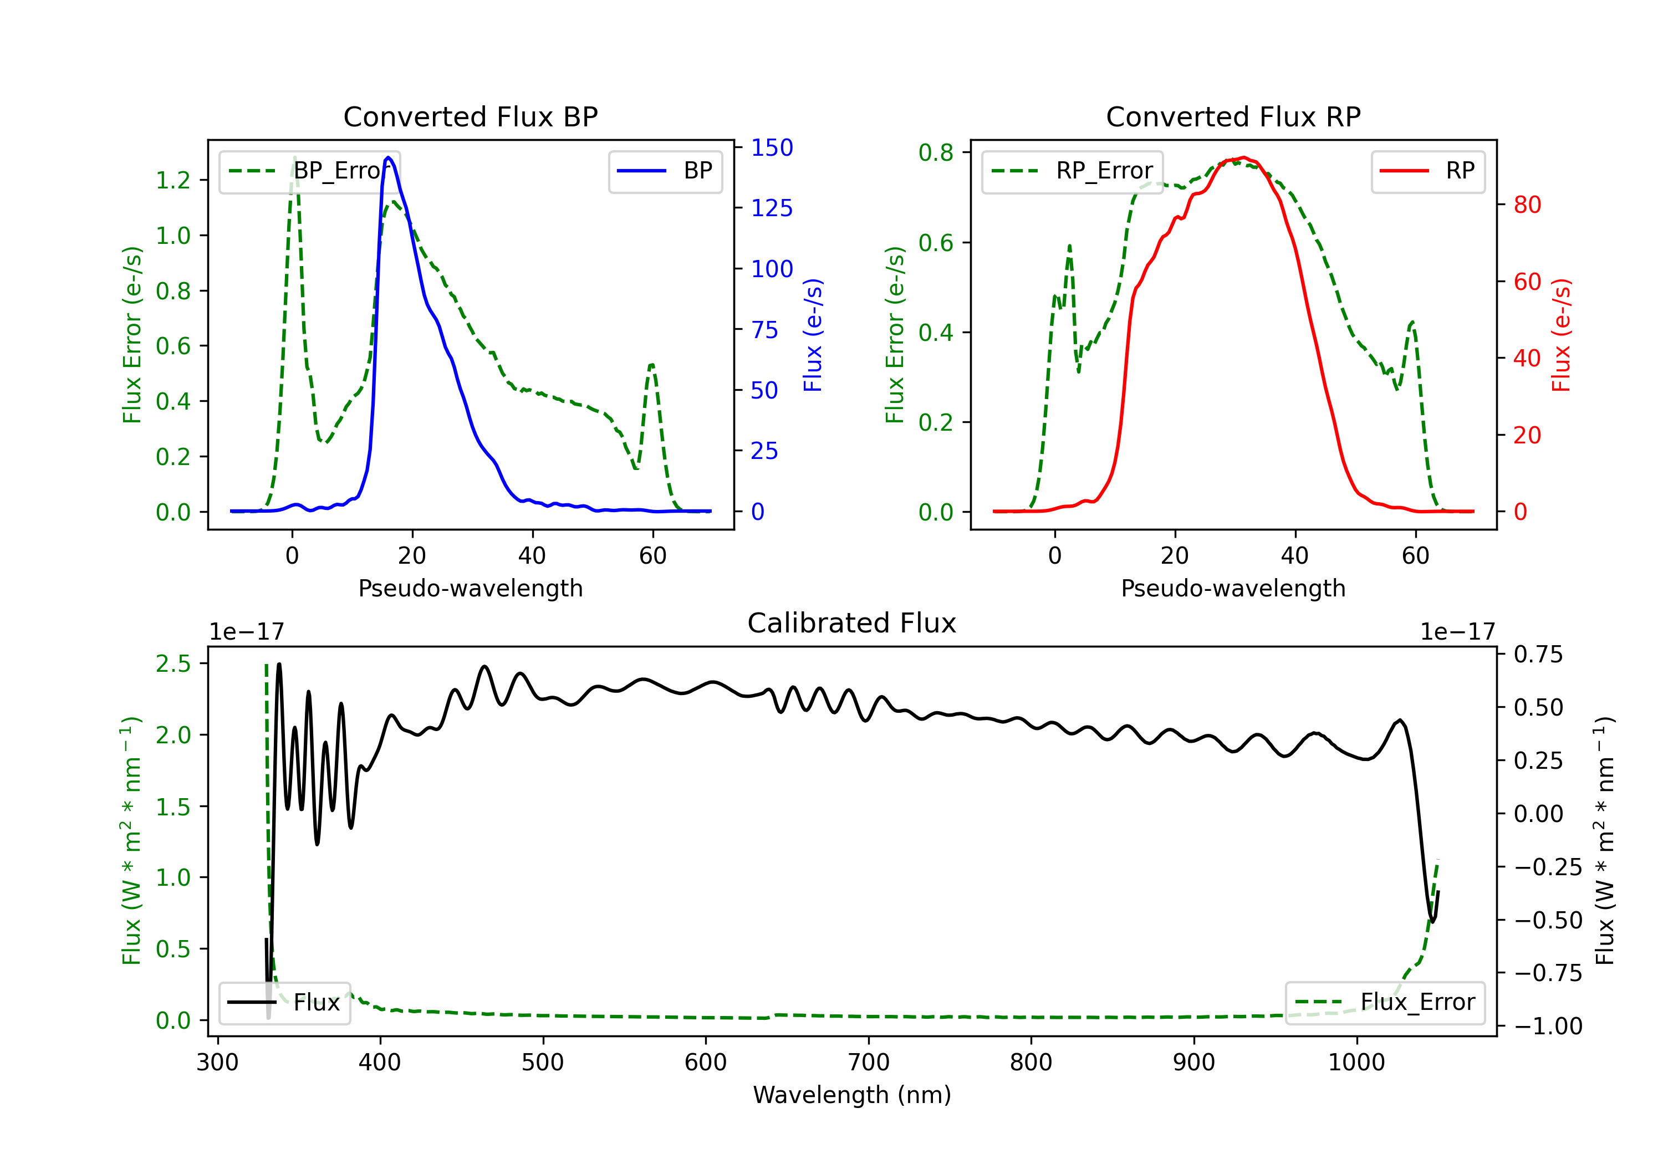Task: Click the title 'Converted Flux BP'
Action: (x=470, y=116)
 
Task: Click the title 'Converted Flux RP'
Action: (x=1233, y=116)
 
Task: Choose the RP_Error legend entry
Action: (x=1072, y=171)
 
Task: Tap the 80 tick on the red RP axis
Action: (x=1527, y=205)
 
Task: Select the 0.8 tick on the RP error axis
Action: (x=936, y=153)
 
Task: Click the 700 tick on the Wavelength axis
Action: (x=868, y=1062)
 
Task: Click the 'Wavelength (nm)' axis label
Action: (x=852, y=1095)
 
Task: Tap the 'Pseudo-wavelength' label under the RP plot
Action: (x=1233, y=588)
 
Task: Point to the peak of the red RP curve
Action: (x=1243, y=157)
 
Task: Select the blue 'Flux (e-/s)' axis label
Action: (x=813, y=335)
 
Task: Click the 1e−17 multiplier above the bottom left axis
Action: (x=246, y=632)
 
